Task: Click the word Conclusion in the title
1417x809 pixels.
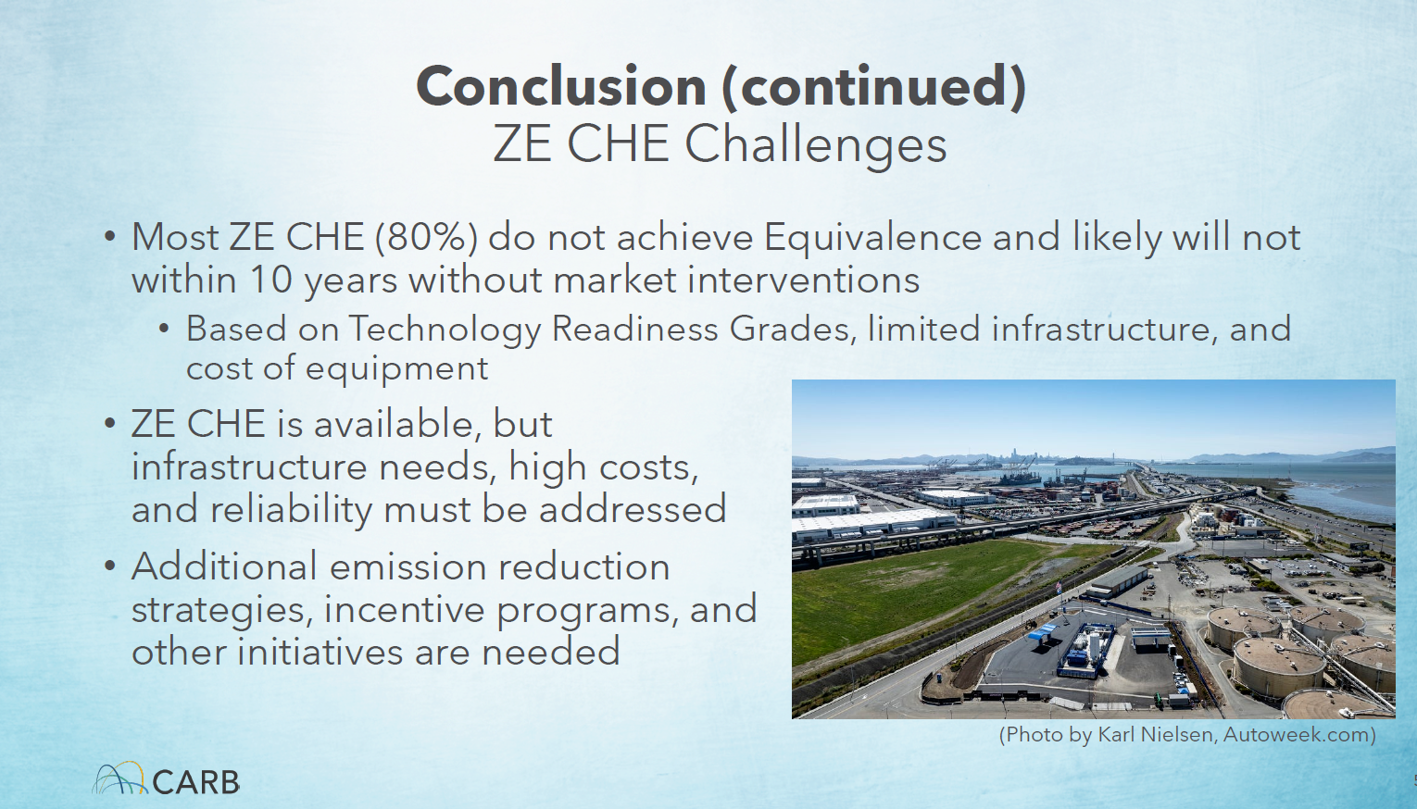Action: point(561,86)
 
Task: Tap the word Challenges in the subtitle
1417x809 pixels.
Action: point(815,144)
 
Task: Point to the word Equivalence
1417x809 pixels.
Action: point(873,238)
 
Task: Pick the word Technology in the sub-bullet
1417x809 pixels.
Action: point(445,330)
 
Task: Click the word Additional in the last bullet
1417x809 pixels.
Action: point(224,566)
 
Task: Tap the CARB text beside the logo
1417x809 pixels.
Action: point(196,782)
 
